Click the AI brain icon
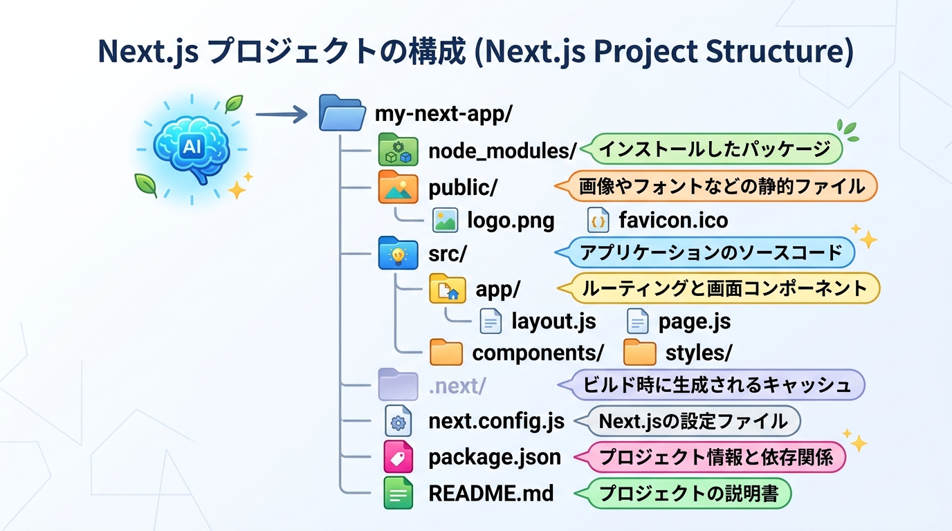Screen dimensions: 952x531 (x=192, y=149)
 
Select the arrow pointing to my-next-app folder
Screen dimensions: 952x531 (x=282, y=114)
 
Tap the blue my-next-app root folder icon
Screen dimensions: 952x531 (x=342, y=113)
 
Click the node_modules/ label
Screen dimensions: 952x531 (x=502, y=151)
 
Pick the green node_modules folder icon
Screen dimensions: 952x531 (x=398, y=149)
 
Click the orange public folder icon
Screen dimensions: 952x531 (x=398, y=187)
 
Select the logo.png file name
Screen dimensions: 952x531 (x=511, y=221)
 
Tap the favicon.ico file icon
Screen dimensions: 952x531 (x=598, y=220)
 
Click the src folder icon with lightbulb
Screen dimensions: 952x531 (x=398, y=253)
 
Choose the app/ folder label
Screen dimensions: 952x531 (x=497, y=289)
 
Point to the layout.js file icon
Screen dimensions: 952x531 (x=491, y=321)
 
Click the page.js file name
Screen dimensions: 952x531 (x=695, y=322)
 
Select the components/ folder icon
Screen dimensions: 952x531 (x=446, y=352)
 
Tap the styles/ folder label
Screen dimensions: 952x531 (x=699, y=353)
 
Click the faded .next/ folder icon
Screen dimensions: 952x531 (x=398, y=384)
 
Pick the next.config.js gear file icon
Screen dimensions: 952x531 (x=399, y=421)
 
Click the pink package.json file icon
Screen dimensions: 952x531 (x=399, y=456)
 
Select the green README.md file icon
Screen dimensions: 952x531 (x=399, y=493)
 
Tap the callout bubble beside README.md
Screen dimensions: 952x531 (x=683, y=493)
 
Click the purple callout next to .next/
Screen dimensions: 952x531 (x=711, y=385)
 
